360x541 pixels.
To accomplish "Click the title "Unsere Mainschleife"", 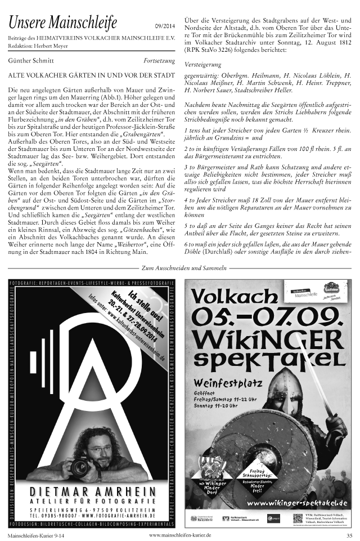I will pos(62,24).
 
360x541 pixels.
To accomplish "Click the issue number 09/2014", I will pos(164,26).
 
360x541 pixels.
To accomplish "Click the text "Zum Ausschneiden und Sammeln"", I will pos(180,269).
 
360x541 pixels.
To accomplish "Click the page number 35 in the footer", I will pos(349,535).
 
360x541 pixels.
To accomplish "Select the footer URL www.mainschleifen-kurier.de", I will pos(180,535).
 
